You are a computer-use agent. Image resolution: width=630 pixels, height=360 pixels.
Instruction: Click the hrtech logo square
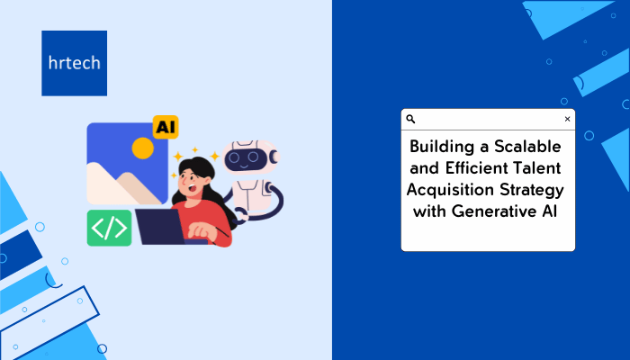[x=75, y=63]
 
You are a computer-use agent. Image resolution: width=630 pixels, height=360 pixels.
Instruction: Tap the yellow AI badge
[x=166, y=127]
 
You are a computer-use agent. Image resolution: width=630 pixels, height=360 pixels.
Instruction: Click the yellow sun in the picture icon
[x=142, y=148]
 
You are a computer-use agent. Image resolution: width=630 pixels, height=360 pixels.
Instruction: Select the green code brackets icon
[x=109, y=228]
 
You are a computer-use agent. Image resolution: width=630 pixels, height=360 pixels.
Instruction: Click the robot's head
[x=251, y=157]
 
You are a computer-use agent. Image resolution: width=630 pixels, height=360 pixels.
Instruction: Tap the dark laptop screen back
[x=160, y=227]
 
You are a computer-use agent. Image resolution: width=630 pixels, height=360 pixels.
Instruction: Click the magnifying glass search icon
[x=410, y=119]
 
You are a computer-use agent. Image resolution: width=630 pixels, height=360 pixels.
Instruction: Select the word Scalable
[x=527, y=146]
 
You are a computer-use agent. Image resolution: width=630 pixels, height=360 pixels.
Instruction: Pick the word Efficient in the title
[x=470, y=168]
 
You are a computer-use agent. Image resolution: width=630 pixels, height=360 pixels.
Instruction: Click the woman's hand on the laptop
[x=201, y=230]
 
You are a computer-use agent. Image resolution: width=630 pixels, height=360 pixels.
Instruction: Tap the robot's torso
[x=250, y=195]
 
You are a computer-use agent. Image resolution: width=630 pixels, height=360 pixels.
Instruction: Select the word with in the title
[x=429, y=211]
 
